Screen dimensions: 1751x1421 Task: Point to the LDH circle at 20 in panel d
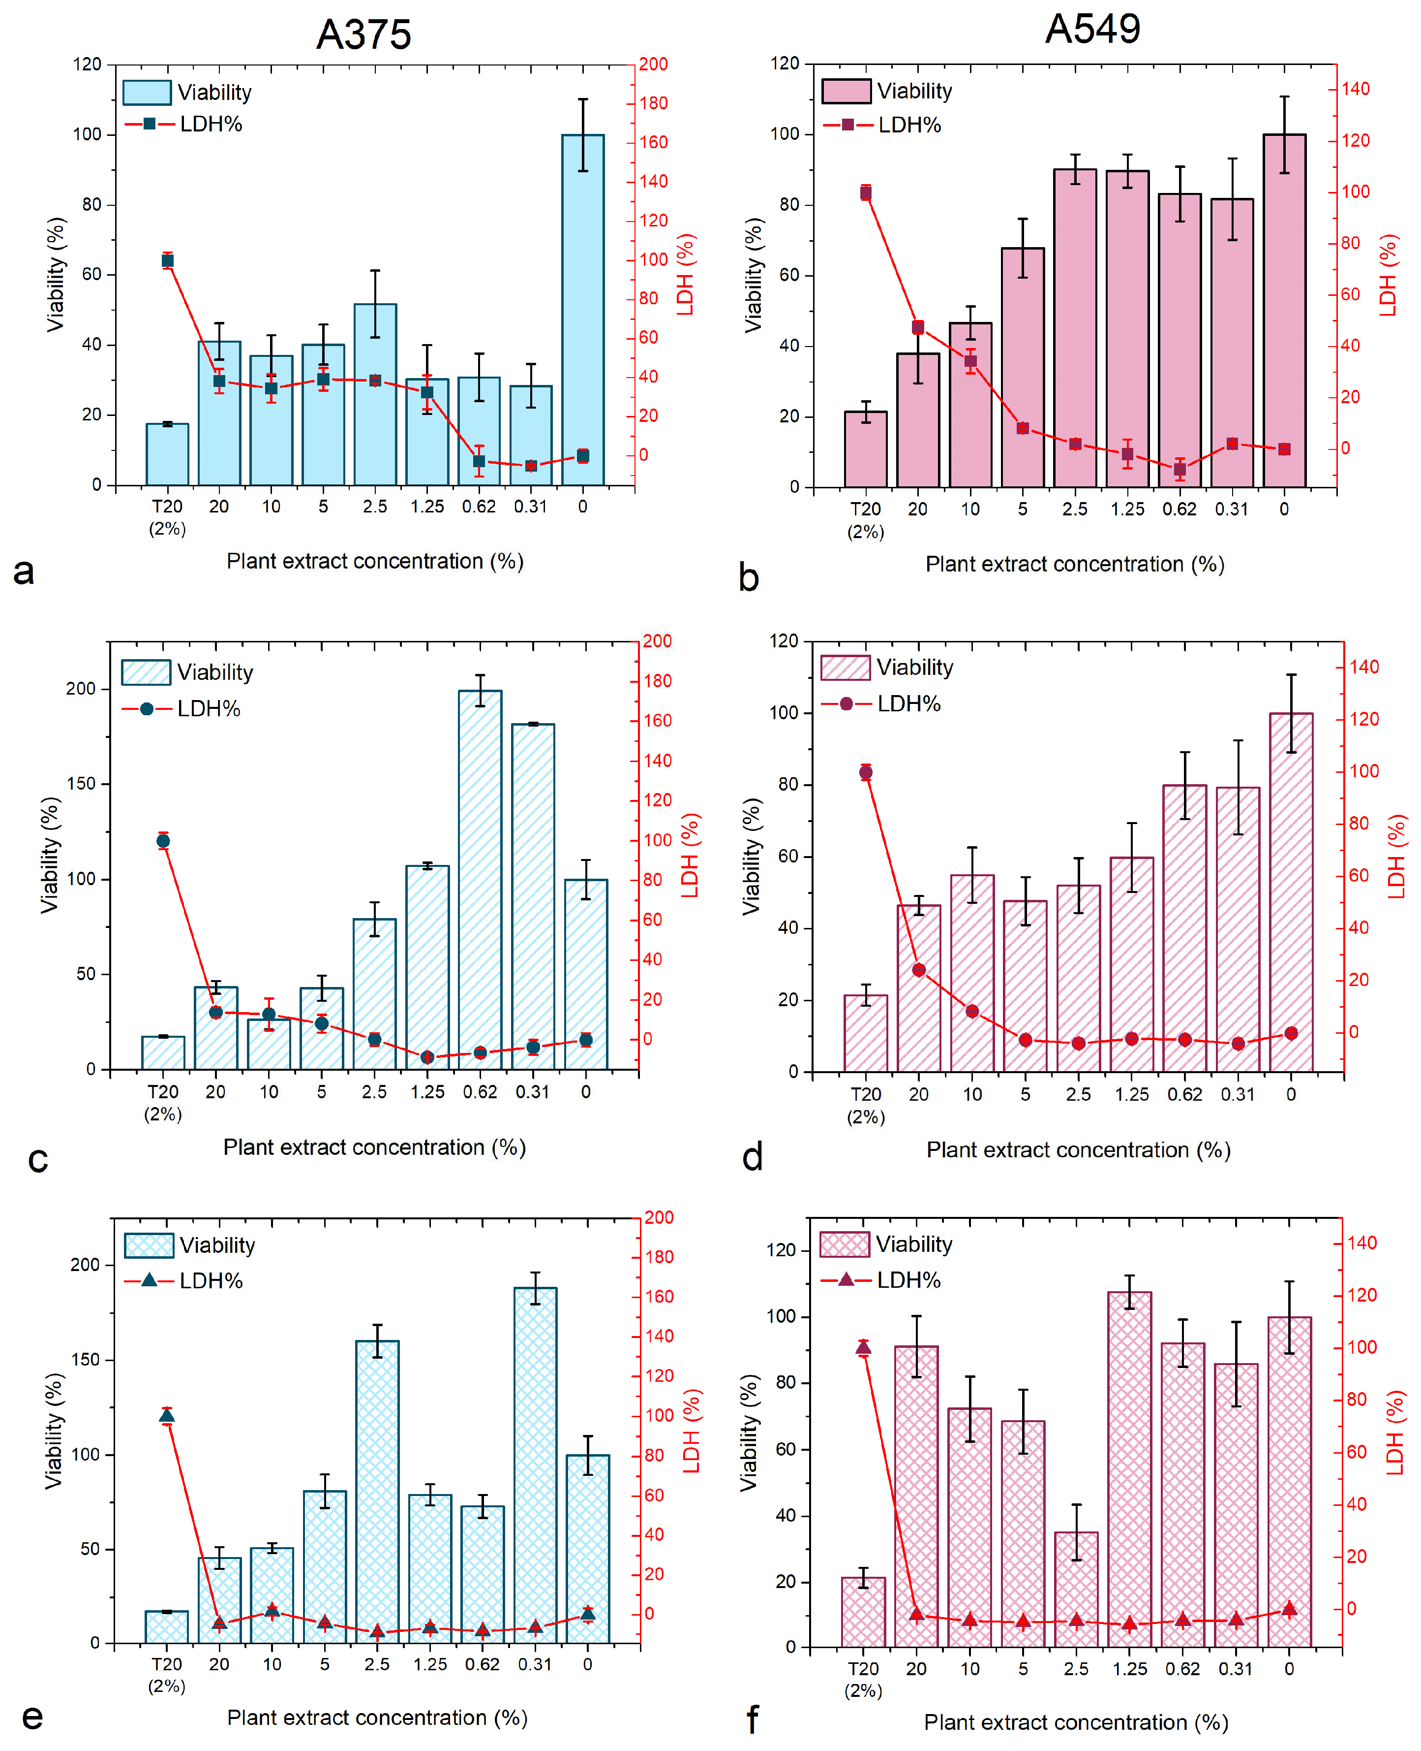(918, 970)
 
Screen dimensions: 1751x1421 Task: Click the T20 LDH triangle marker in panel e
(167, 1416)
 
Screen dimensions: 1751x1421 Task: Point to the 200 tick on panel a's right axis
(652, 64)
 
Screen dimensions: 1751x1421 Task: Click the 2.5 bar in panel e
(377, 1491)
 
